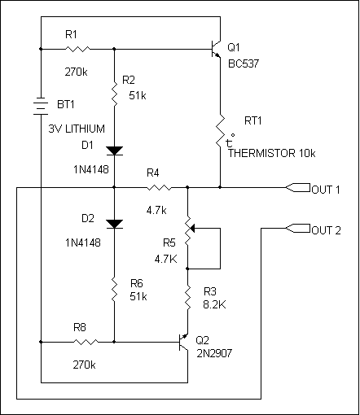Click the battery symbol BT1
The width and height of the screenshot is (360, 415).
tap(41, 106)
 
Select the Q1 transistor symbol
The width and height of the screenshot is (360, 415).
tap(216, 49)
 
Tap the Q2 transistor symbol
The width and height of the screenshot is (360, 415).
tap(183, 343)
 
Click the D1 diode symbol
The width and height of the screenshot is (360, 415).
tap(114, 151)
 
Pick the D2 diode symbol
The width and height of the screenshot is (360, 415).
tap(114, 224)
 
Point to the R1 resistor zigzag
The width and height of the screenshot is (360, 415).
tap(77, 49)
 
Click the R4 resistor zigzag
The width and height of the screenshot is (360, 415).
tap(159, 187)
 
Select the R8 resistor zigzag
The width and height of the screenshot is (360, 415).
tap(86, 342)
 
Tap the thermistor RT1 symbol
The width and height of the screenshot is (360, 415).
tap(221, 130)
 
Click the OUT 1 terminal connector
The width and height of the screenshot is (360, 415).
tap(298, 187)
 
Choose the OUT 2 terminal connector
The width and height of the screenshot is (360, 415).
tap(298, 229)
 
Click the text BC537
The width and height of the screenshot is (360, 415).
tap(244, 63)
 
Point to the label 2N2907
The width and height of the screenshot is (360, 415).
tap(214, 353)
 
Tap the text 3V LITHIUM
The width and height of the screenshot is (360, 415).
tap(77, 129)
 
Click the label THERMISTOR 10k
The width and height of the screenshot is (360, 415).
tap(271, 153)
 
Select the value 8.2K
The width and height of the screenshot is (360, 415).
tap(214, 304)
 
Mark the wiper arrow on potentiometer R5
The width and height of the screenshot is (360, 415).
tap(192, 229)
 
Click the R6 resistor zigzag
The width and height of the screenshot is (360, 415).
tap(114, 290)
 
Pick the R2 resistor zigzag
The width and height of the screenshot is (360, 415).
tap(114, 94)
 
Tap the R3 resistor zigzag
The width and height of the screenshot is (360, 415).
tap(187, 299)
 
